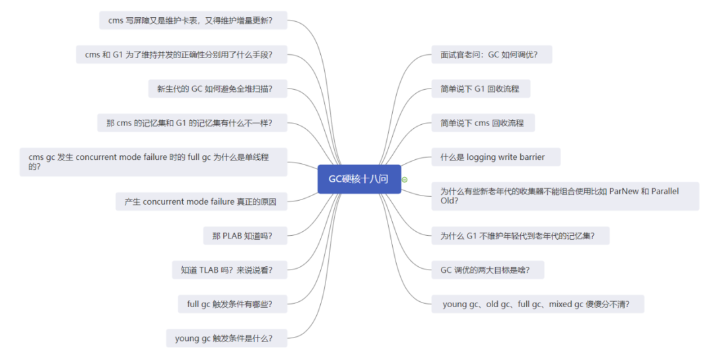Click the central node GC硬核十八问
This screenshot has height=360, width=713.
coord(359,179)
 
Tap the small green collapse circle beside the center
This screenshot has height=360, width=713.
coord(405,180)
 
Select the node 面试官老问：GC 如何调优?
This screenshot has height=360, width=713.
coord(492,55)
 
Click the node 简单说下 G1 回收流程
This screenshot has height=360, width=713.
coord(481,89)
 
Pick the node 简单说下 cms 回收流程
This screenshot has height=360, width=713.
coord(483,123)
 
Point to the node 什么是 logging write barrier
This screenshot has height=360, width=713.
coord(496,157)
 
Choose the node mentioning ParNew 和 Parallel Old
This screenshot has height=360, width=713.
coord(565,196)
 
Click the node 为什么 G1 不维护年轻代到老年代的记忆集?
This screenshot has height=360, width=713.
coord(520,236)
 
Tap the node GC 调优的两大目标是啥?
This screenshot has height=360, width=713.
coord(487,270)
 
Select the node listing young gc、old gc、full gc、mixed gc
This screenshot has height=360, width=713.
coord(537,304)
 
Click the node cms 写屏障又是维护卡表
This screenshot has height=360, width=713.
coord(193,20)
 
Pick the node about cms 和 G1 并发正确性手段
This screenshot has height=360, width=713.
coord(182,55)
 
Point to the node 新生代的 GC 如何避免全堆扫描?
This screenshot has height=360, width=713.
coord(218,89)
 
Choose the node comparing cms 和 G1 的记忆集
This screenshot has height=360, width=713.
coord(192,123)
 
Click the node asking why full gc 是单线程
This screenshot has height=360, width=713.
coord(153,162)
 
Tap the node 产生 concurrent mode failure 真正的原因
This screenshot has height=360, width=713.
coord(201,201)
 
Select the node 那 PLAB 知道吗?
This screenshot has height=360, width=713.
coord(245,236)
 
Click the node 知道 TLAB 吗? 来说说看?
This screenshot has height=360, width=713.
coord(230,270)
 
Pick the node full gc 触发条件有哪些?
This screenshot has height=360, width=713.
coord(233,304)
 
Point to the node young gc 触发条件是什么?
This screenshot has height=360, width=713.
coord(227,338)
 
